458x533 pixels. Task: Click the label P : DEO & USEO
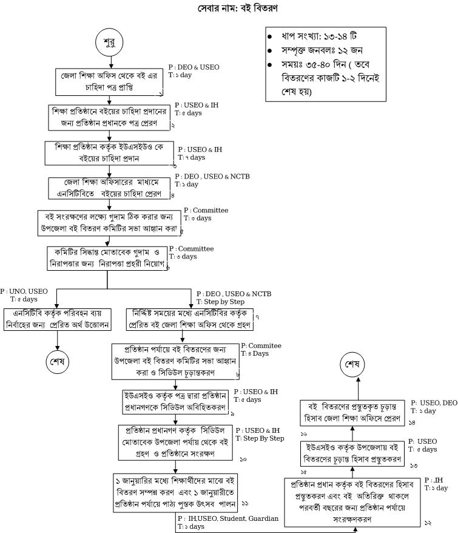(x=194, y=67)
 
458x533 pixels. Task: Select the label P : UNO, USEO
(x=24, y=291)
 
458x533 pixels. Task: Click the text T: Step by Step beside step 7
(x=220, y=302)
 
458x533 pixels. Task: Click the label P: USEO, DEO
(x=434, y=402)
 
